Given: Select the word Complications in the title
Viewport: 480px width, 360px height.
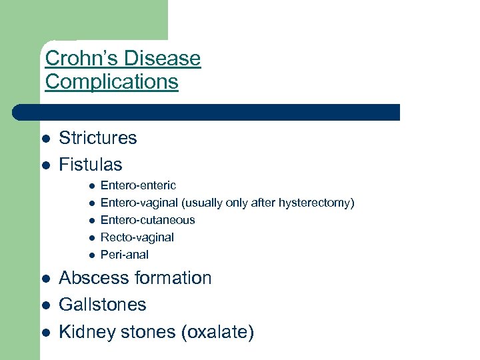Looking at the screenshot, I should (111, 82).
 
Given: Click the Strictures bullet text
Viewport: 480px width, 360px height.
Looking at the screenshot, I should (97, 138).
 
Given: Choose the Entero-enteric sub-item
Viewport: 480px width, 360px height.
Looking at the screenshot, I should (138, 185).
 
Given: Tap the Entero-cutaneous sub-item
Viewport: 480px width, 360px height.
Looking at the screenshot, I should (147, 220).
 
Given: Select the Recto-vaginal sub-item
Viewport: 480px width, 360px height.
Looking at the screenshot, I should (137, 237).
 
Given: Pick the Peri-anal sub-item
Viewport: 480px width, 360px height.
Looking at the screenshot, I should (124, 255).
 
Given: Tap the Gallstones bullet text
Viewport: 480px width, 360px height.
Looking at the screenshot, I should (102, 305).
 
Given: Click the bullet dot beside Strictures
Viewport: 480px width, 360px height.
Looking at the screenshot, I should (45, 139).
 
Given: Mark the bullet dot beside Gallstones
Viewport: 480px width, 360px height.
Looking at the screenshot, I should (45, 305).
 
